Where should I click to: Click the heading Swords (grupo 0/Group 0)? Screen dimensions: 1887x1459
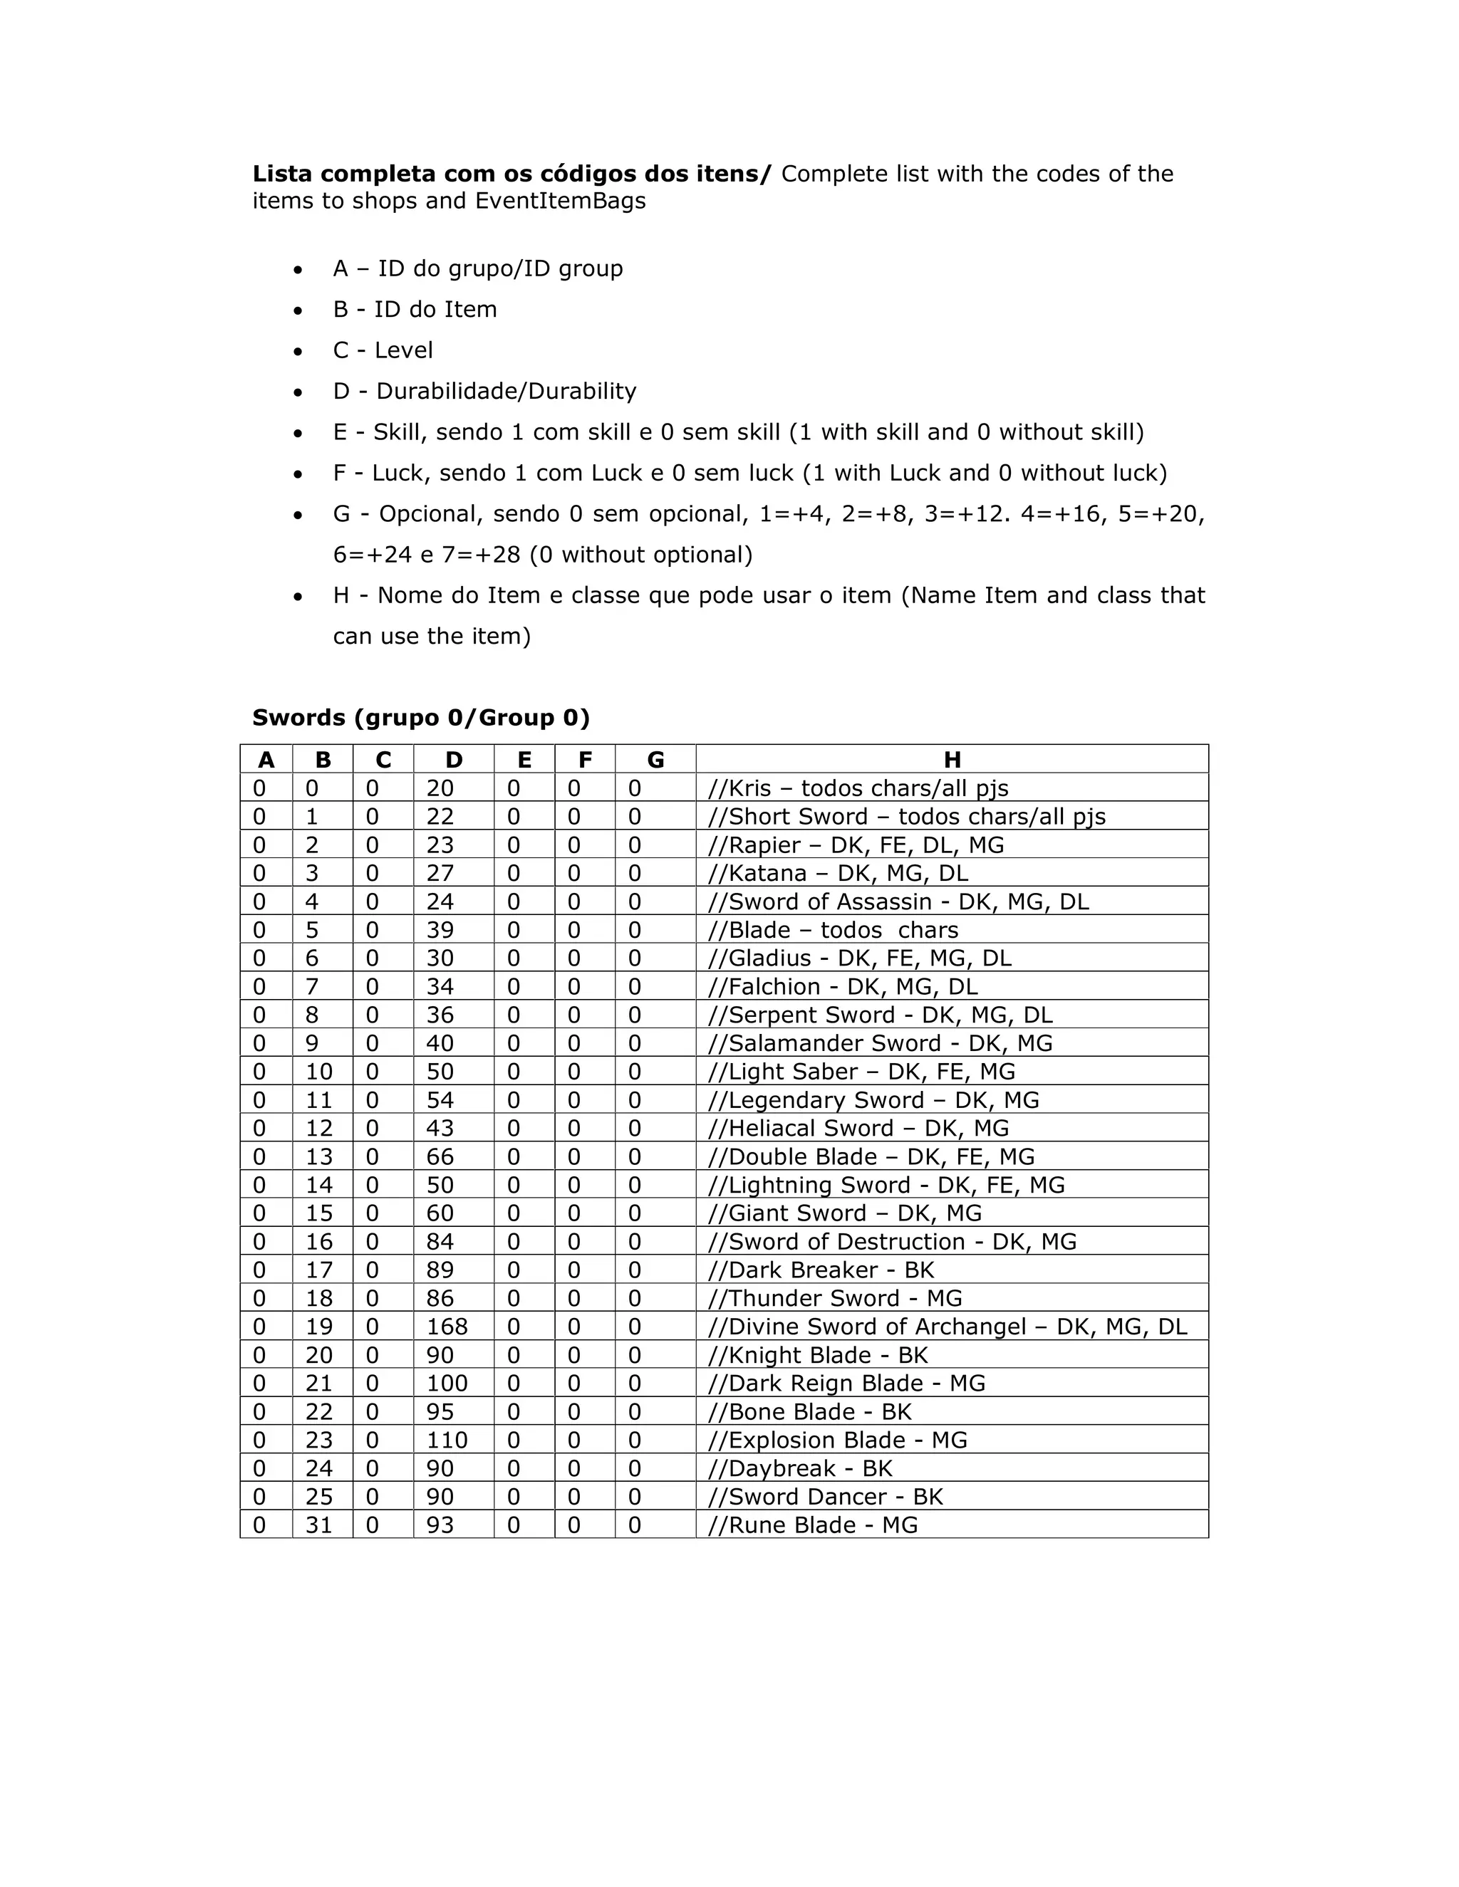(x=421, y=717)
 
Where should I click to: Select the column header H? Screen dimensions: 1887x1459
(x=952, y=760)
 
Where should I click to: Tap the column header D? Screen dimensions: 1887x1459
(x=454, y=760)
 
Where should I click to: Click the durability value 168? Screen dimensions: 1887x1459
(x=447, y=1327)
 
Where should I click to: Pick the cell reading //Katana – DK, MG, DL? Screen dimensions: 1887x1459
(x=838, y=873)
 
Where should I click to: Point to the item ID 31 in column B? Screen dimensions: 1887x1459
(x=319, y=1525)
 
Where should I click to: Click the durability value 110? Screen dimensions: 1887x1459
(x=447, y=1439)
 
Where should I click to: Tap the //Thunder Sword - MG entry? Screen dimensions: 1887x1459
(x=835, y=1297)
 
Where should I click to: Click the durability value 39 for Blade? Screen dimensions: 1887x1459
(x=440, y=930)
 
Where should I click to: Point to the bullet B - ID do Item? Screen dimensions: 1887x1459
(x=415, y=309)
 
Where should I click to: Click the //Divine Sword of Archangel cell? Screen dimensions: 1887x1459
(x=947, y=1327)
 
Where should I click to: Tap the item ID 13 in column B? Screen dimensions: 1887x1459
(x=319, y=1156)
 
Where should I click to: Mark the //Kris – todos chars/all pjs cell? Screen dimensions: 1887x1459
(x=858, y=788)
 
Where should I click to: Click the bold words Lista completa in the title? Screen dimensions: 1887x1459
(x=344, y=174)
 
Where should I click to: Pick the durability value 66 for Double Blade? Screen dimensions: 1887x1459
(x=440, y=1156)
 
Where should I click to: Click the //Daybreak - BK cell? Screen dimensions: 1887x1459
(x=799, y=1468)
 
